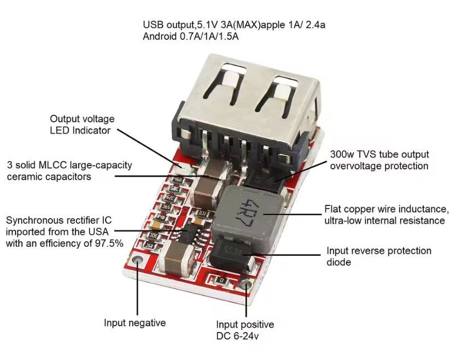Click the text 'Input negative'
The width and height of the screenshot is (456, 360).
coord(135,323)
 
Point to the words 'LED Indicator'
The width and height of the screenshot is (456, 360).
coord(80,131)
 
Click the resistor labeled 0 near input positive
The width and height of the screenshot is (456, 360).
coord(221,280)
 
